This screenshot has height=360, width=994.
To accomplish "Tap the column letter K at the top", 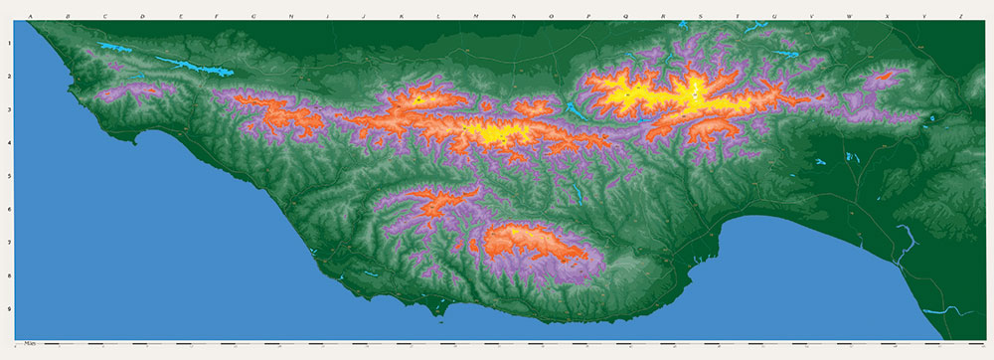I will tap(401, 17).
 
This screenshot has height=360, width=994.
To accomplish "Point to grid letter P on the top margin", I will tap(588, 17).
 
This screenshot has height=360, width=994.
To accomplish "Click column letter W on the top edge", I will tap(849, 17).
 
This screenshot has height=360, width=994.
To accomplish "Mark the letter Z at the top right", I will tap(960, 17).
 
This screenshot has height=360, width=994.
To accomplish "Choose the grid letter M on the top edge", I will tap(476, 17).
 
